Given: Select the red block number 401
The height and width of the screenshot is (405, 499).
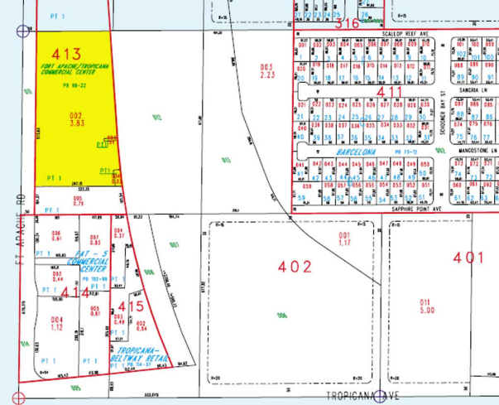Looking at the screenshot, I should click(468, 258).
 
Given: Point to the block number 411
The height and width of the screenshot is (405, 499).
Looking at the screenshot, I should click(391, 94).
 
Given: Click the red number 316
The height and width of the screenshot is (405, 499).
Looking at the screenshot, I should click(348, 23).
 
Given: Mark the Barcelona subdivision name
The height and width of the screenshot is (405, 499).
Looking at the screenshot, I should click(353, 153).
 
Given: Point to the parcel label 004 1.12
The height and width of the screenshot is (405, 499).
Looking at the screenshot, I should click(57, 321).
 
